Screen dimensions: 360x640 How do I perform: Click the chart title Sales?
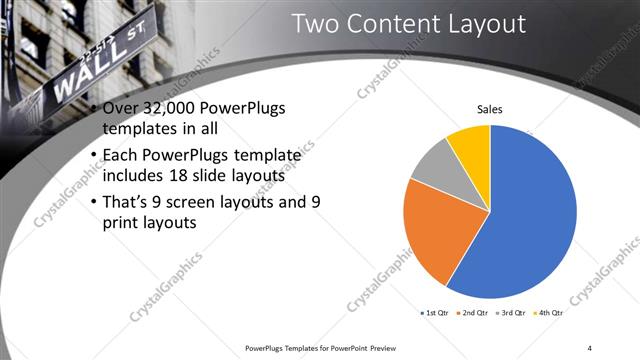click(x=489, y=109)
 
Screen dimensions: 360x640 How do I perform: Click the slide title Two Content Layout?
click(x=408, y=24)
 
